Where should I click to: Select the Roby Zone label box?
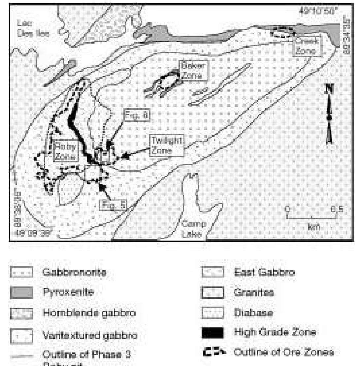pos(66,151)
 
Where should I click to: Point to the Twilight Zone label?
pos(166,145)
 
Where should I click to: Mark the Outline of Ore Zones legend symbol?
pos(213,352)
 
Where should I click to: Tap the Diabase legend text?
pos(253,312)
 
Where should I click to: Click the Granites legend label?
pos(254,292)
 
